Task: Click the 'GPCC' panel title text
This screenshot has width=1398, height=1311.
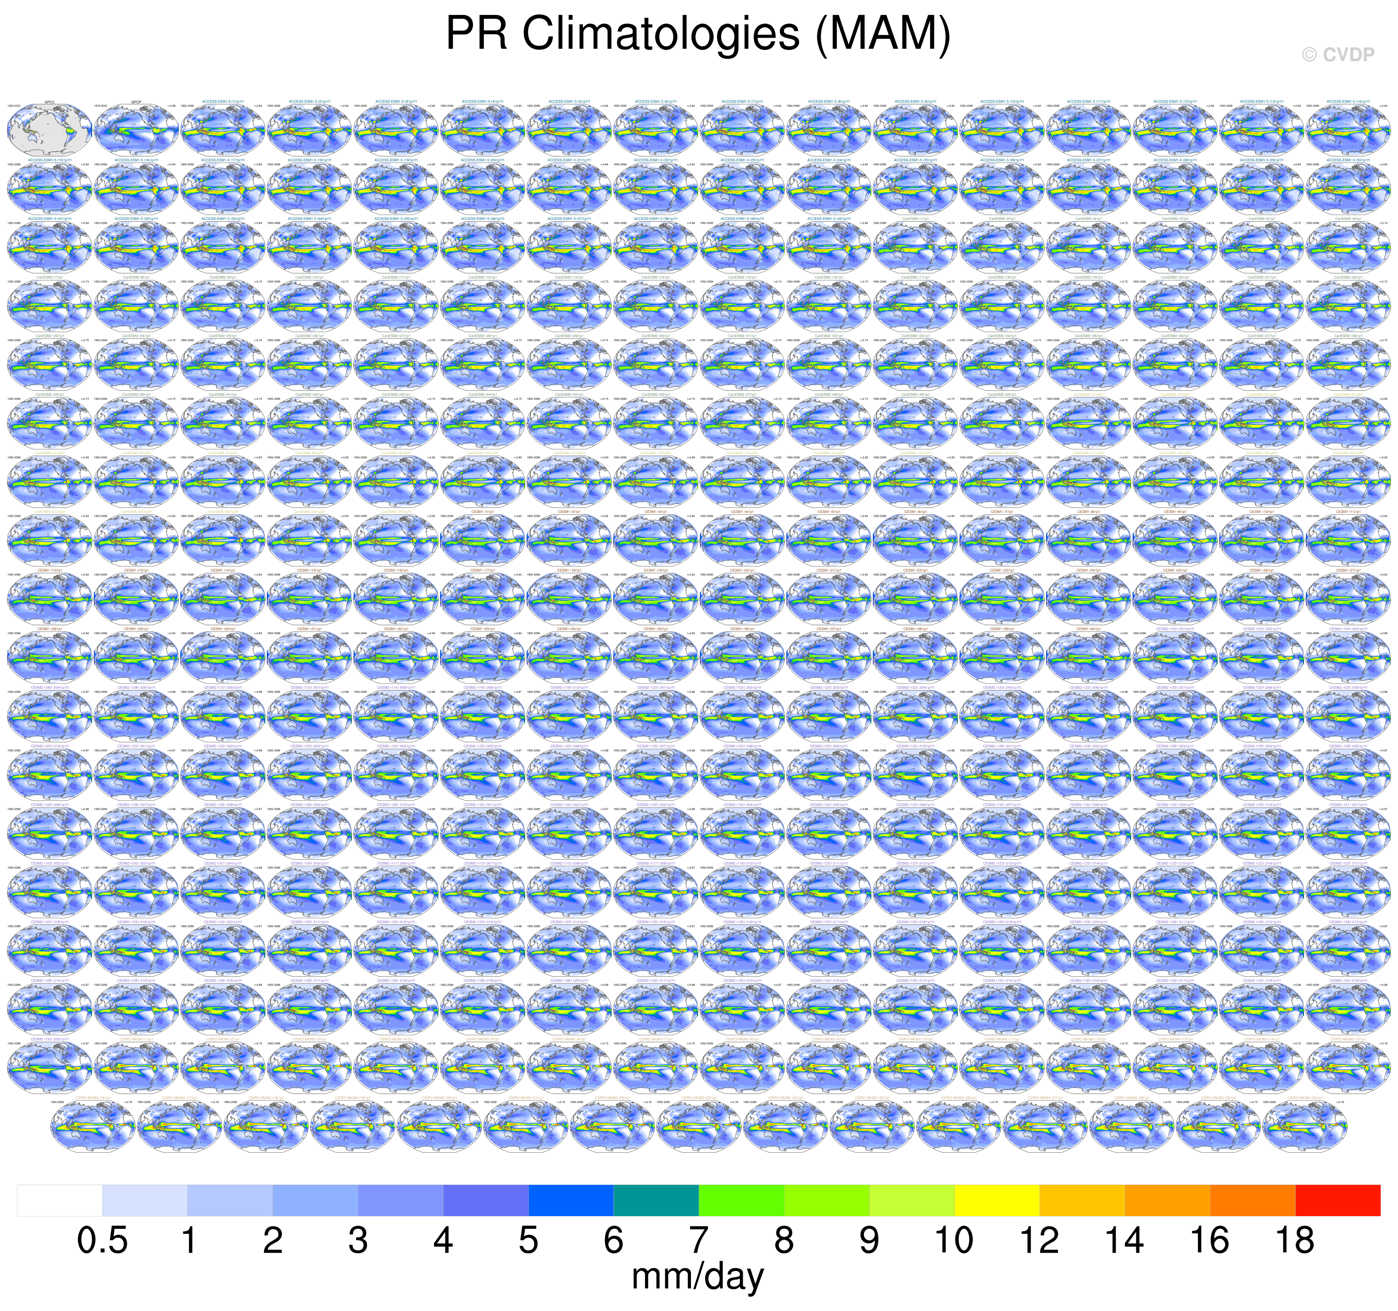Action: [x=49, y=102]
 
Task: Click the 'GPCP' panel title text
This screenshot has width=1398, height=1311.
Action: [x=136, y=102]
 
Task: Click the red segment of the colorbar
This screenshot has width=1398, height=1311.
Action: [x=1337, y=1200]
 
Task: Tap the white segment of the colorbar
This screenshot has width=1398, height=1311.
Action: [x=60, y=1200]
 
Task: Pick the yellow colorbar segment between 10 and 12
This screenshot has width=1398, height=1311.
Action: [x=996, y=1200]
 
